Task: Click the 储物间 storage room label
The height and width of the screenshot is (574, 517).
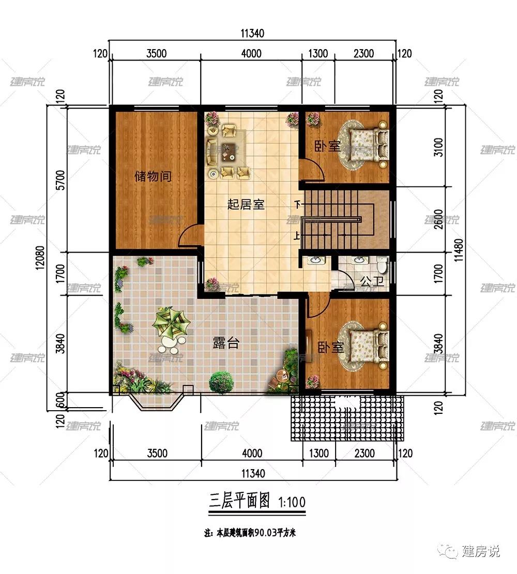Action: click(x=153, y=176)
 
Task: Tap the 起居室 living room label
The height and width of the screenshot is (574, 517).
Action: click(x=246, y=204)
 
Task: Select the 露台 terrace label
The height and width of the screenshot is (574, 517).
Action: click(x=226, y=343)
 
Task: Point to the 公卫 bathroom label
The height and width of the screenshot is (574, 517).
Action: click(x=372, y=281)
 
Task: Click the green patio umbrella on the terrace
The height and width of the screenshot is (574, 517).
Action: click(x=172, y=323)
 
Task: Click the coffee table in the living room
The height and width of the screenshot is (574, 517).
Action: click(x=229, y=151)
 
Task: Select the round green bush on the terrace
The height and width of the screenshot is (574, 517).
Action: click(x=221, y=382)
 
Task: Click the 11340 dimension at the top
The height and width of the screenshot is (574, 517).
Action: click(x=252, y=34)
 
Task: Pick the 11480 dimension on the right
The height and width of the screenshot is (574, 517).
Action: click(x=459, y=250)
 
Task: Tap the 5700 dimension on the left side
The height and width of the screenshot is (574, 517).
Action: click(x=61, y=180)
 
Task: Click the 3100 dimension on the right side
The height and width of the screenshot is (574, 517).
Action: click(x=438, y=147)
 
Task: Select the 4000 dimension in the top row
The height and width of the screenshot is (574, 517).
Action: click(x=251, y=54)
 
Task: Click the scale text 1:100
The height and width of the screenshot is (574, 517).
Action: click(x=292, y=502)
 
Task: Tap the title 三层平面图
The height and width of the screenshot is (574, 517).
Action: click(x=239, y=501)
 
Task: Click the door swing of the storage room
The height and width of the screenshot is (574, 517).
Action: click(x=189, y=235)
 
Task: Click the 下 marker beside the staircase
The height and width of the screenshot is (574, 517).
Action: click(x=298, y=204)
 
